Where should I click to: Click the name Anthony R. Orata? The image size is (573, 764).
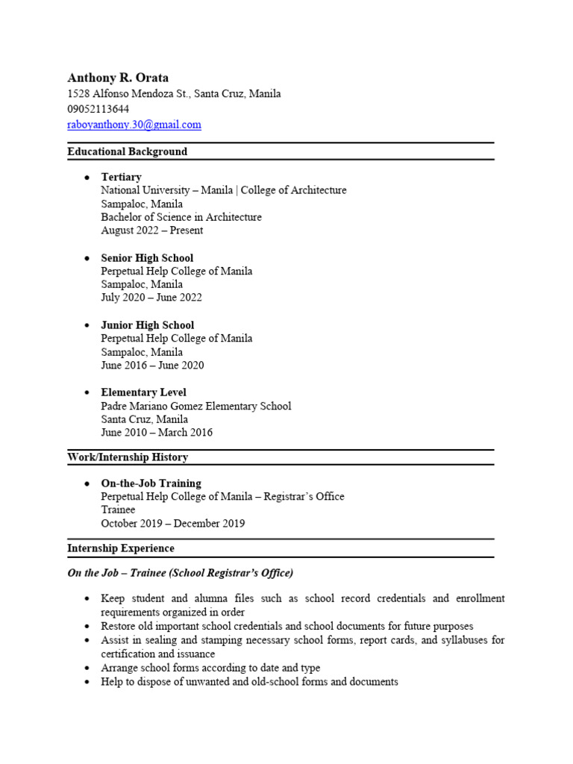pyautogui.click(x=118, y=78)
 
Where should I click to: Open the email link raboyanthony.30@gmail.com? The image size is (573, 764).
pyautogui.click(x=134, y=125)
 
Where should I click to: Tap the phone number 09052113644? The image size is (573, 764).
pyautogui.click(x=98, y=109)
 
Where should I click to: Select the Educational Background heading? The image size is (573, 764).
pyautogui.click(x=128, y=151)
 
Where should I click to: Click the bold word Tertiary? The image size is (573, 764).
pyautogui.click(x=122, y=177)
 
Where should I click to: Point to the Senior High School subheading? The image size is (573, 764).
pyautogui.click(x=147, y=258)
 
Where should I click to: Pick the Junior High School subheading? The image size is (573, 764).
pyautogui.click(x=148, y=325)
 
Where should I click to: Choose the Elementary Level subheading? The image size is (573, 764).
pyautogui.click(x=144, y=392)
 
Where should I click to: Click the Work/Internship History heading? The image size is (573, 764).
pyautogui.click(x=128, y=457)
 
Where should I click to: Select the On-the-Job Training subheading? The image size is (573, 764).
pyautogui.click(x=151, y=483)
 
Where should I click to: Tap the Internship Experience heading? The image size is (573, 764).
pyautogui.click(x=121, y=548)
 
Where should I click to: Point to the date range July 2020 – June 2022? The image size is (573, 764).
pyautogui.click(x=151, y=298)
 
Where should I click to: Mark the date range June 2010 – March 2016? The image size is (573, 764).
pyautogui.click(x=157, y=433)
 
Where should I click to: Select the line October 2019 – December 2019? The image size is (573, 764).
pyautogui.click(x=173, y=524)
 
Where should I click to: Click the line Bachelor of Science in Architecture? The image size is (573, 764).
pyautogui.click(x=181, y=217)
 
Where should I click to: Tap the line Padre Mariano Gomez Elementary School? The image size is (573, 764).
pyautogui.click(x=196, y=406)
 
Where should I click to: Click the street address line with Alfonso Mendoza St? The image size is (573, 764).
pyautogui.click(x=174, y=93)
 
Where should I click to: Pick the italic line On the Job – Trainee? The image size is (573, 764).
pyautogui.click(x=181, y=573)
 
